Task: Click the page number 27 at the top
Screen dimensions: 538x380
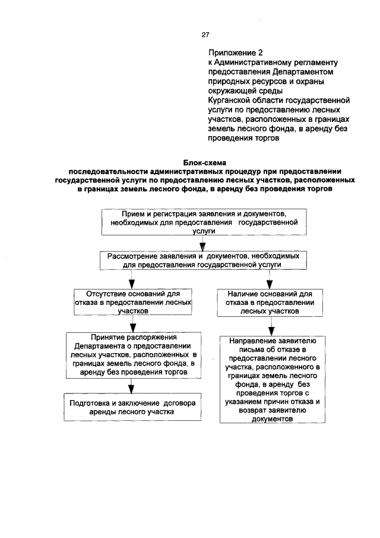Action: click(x=205, y=34)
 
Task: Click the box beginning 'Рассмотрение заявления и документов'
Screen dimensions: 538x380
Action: click(x=203, y=260)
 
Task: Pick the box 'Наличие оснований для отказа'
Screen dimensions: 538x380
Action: click(x=270, y=301)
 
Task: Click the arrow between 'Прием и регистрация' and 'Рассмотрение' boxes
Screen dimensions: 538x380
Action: click(x=203, y=243)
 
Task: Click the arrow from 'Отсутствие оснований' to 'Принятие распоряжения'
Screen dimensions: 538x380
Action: click(x=132, y=323)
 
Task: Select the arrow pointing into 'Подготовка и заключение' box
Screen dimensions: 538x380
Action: click(x=131, y=386)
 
